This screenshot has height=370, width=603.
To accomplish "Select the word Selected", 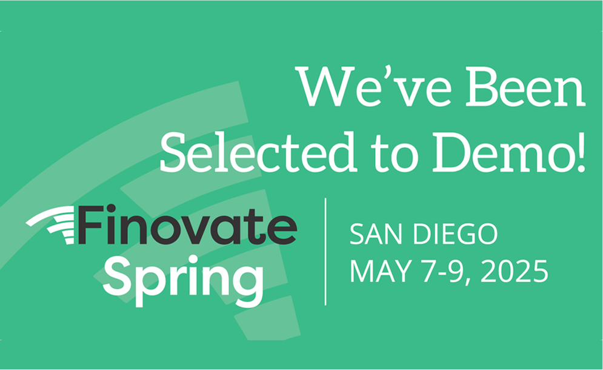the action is click(258, 152).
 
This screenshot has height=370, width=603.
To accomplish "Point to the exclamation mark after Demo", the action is click(579, 152).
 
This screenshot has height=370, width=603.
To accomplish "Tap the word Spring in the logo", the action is click(183, 280).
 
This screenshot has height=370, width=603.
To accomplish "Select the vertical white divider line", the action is click(325, 252).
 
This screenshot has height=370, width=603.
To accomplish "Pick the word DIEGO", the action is click(455, 234).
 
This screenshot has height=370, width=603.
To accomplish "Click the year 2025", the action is click(514, 271).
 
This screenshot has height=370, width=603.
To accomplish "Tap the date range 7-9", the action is click(446, 272).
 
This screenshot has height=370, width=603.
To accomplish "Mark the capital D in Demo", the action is click(453, 152).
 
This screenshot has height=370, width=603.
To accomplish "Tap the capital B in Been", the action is click(485, 86).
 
